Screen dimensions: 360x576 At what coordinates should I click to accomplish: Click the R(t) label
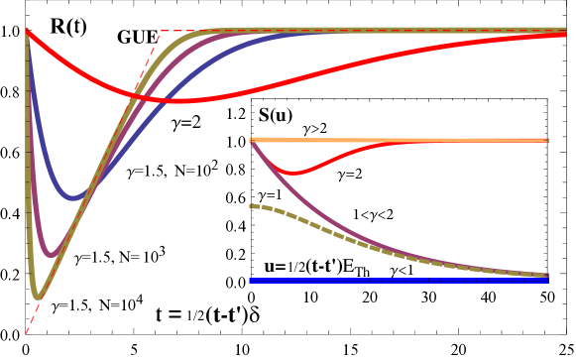click(68, 28)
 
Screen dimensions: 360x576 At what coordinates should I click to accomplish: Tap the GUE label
click(134, 38)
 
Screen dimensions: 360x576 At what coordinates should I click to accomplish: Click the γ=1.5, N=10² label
click(173, 170)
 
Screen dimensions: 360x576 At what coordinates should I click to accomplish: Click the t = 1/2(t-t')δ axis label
click(207, 315)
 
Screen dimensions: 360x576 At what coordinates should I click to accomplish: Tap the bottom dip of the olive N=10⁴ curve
click(37, 296)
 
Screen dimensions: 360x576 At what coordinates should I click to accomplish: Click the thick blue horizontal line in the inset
click(446, 280)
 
